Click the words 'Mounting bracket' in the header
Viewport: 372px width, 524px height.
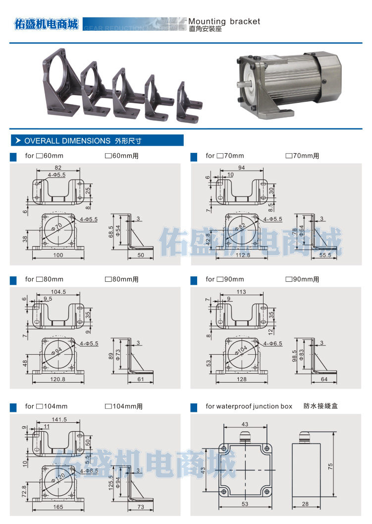click(x=224, y=21)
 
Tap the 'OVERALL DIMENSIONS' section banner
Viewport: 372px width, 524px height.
click(x=67, y=141)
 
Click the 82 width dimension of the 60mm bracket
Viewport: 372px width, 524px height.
click(x=58, y=168)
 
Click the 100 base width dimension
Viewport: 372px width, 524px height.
click(x=58, y=256)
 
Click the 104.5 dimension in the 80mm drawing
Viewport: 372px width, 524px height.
click(x=58, y=292)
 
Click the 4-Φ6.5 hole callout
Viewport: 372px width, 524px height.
click(x=273, y=343)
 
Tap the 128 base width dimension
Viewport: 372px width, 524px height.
click(x=241, y=380)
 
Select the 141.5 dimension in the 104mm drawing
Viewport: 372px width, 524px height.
click(x=58, y=419)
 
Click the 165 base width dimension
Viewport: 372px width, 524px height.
click(x=58, y=507)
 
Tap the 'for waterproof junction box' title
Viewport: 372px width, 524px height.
click(x=249, y=406)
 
